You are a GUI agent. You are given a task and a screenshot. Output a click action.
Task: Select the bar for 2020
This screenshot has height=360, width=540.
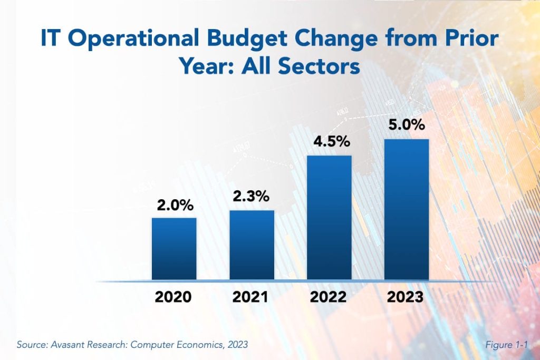coord(174,248)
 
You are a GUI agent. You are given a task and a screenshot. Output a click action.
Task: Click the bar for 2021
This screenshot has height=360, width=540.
coord(252,245)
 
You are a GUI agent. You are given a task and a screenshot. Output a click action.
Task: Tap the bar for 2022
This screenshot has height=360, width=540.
coord(329,217)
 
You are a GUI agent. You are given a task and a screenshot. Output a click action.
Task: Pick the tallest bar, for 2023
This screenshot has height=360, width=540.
coord(406,209)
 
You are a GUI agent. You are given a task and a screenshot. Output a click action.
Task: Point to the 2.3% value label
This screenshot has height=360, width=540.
coord(252,197)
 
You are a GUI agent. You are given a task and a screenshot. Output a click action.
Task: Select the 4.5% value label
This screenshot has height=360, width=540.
coord(329,143)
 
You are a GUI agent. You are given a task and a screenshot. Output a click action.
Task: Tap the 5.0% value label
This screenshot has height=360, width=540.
coord(407,127)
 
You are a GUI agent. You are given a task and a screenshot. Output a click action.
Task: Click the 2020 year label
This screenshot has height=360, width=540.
coord(173,297)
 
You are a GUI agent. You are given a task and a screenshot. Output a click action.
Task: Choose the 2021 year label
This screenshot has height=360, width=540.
coord(250,297)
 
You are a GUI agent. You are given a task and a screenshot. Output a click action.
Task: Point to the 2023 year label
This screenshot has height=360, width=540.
coord(405,297)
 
